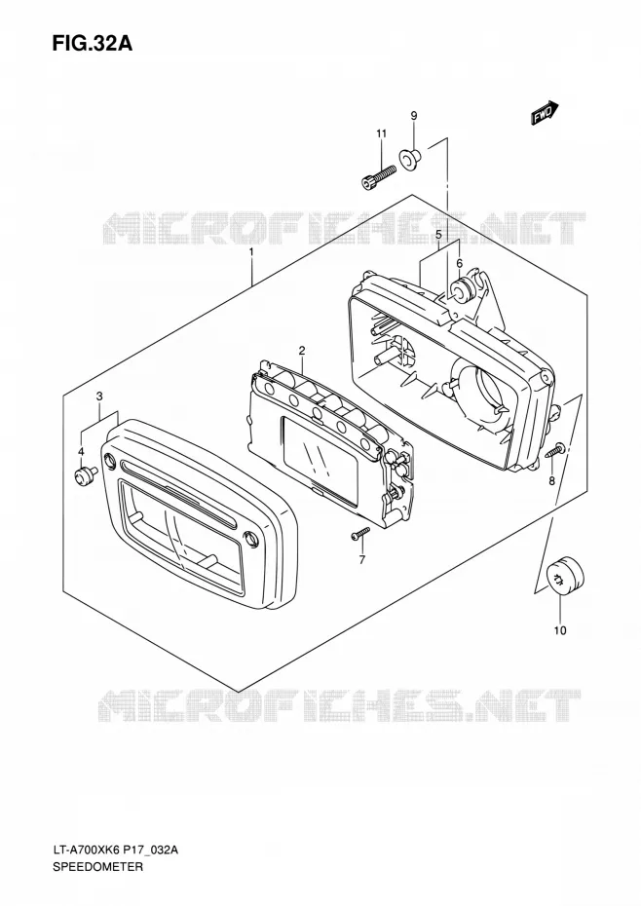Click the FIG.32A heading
[x=92, y=43]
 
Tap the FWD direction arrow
[x=545, y=113]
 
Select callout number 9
[x=414, y=116]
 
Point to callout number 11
[x=381, y=134]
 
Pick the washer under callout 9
[x=411, y=160]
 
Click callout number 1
[x=251, y=252]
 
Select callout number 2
[x=302, y=350]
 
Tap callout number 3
[x=99, y=396]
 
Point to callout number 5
[x=438, y=235]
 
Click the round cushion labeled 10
[x=565, y=576]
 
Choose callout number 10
[x=559, y=630]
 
